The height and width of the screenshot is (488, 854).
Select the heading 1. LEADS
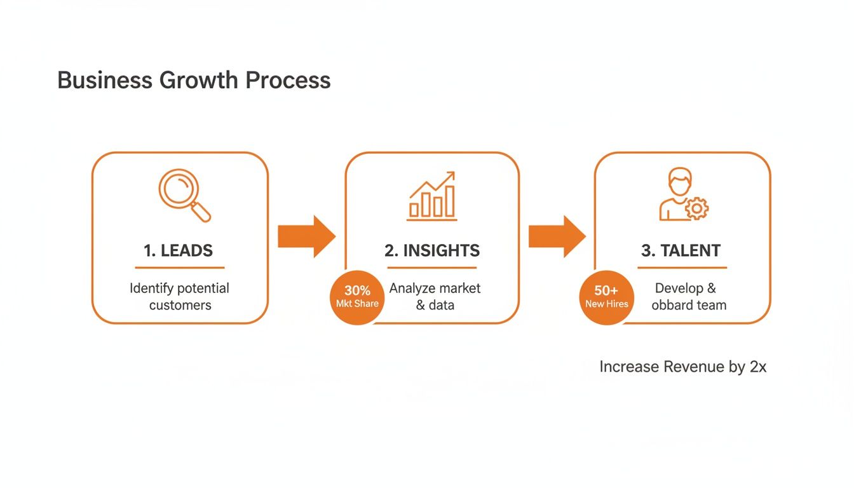(x=179, y=250)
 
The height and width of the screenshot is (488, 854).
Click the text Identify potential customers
(x=179, y=297)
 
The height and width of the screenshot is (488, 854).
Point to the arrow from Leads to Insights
(x=306, y=236)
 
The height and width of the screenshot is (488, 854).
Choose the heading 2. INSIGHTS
(x=432, y=250)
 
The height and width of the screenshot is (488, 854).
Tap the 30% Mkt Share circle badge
(x=357, y=297)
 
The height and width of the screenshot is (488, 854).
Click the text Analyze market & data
(x=435, y=297)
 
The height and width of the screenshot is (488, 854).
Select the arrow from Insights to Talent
(x=557, y=236)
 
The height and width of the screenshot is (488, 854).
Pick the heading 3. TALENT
(x=681, y=250)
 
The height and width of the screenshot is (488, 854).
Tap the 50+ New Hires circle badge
(x=606, y=297)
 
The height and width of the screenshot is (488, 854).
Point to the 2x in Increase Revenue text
(x=757, y=367)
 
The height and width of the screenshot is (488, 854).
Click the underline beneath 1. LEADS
(x=179, y=268)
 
